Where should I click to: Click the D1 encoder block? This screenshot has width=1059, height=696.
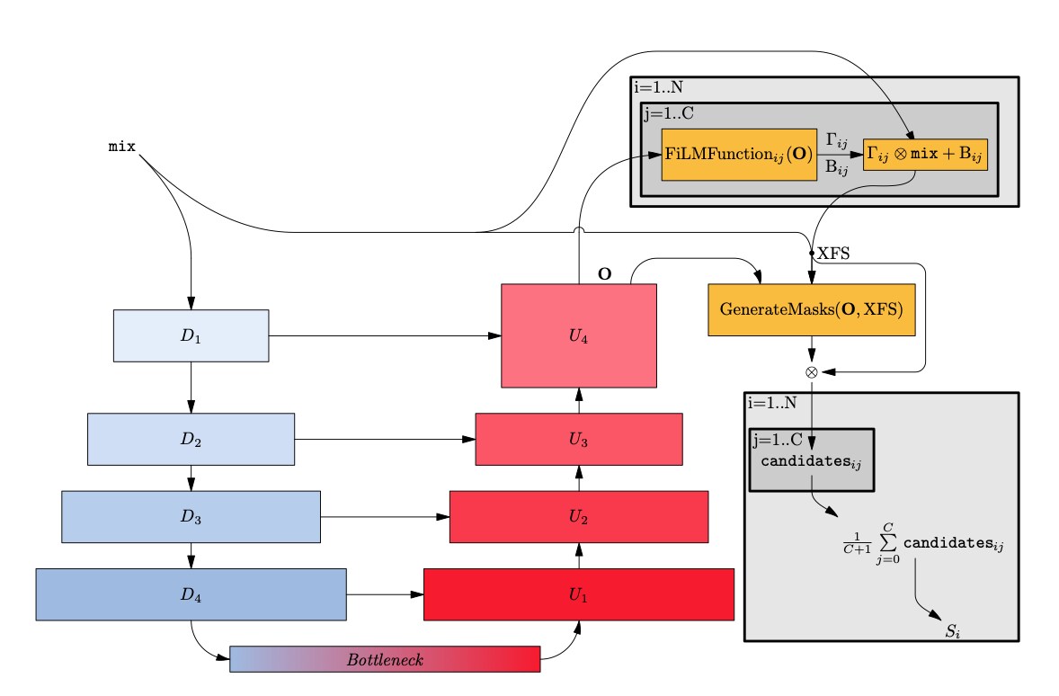(x=191, y=335)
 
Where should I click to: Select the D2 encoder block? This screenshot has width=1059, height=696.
(x=191, y=439)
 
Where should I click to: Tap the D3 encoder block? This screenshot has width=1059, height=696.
(x=191, y=516)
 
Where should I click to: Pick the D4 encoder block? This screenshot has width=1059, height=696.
(x=191, y=593)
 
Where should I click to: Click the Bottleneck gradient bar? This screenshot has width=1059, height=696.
(x=385, y=659)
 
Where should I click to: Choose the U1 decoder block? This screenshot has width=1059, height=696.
(x=578, y=593)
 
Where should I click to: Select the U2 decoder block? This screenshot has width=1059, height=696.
(x=578, y=516)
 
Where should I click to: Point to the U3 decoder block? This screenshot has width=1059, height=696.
(x=578, y=439)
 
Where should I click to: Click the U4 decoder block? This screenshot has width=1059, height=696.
(x=578, y=335)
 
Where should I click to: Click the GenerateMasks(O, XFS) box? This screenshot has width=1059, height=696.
(x=812, y=310)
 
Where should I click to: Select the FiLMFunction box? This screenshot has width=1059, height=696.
(x=738, y=154)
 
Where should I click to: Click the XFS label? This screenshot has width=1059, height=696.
(x=832, y=254)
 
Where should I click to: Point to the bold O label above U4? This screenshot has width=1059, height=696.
(x=605, y=273)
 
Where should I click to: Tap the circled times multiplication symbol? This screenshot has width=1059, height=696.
(x=812, y=371)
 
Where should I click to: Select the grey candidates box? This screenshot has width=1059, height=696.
(x=812, y=460)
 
